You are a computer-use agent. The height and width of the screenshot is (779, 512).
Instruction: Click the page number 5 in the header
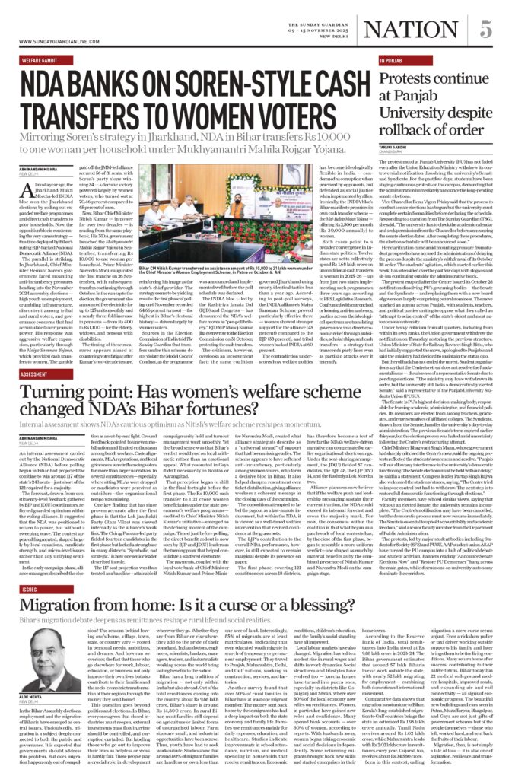tap(485, 28)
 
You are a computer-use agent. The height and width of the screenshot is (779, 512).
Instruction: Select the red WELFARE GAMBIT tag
tap(43, 58)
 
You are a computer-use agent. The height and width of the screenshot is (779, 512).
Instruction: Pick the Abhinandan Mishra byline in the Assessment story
tap(43, 438)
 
